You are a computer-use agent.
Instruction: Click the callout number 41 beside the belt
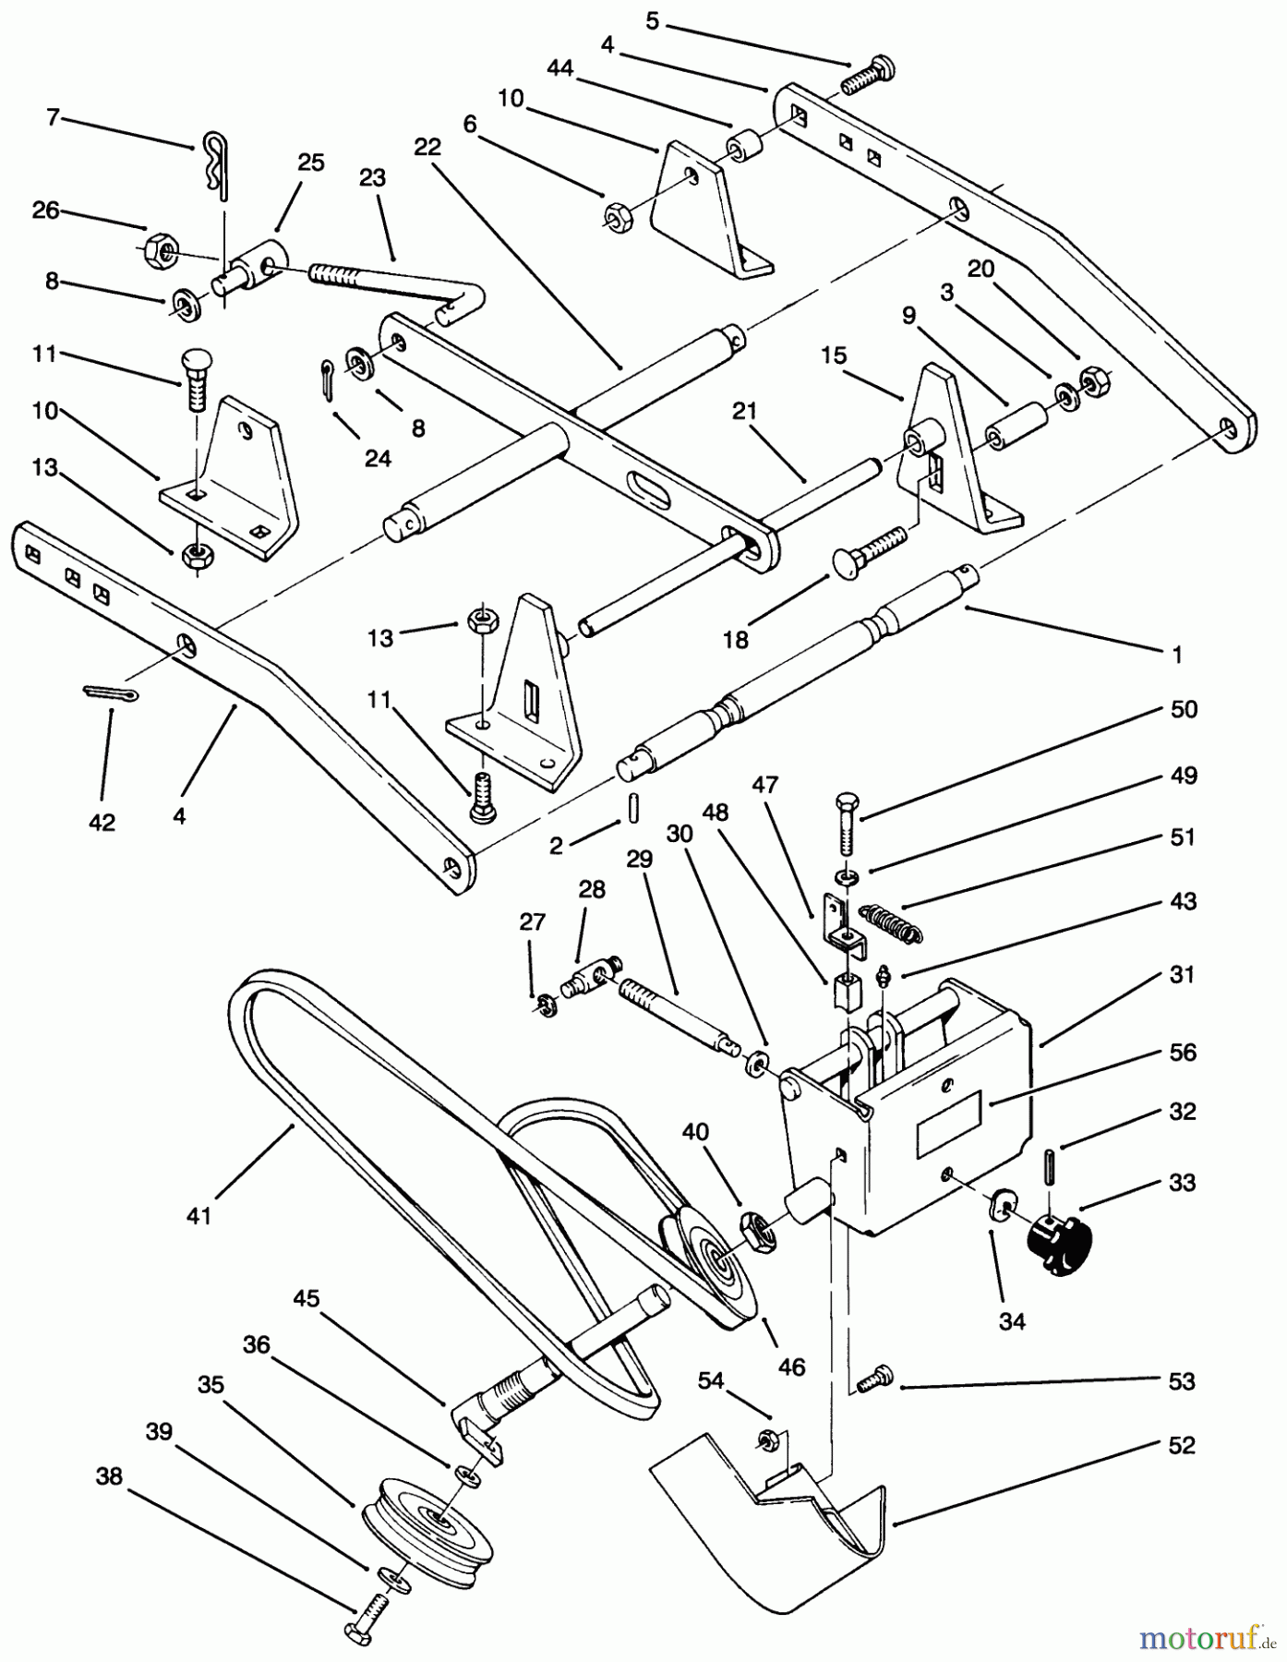click(x=198, y=1215)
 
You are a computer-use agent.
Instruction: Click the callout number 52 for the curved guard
click(x=1181, y=1444)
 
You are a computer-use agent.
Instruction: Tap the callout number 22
click(x=427, y=147)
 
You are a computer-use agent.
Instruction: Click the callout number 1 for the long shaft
click(x=1176, y=655)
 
